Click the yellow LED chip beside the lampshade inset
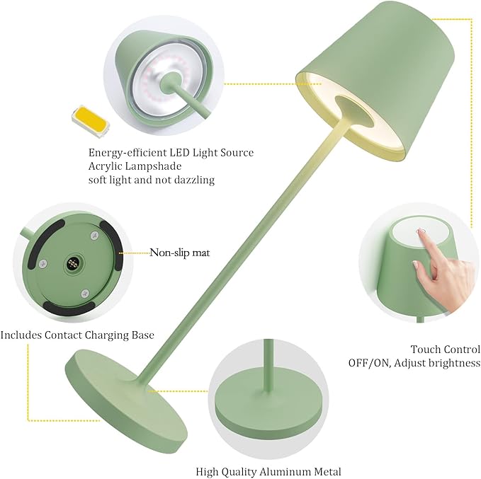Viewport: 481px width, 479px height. click(x=91, y=120)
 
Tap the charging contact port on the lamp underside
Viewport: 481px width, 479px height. click(x=73, y=262)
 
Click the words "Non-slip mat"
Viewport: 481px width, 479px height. click(x=180, y=253)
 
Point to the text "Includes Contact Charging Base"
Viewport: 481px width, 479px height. click(x=77, y=335)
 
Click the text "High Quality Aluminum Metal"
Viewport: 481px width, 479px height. click(x=268, y=471)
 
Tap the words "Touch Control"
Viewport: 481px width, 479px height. click(x=446, y=350)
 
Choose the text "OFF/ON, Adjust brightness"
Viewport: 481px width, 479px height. click(x=414, y=363)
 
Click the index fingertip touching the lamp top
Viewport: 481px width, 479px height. click(x=420, y=231)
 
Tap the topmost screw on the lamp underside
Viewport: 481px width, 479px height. click(x=94, y=236)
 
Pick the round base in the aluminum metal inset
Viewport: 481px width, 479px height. click(x=268, y=408)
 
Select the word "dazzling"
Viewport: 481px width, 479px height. click(x=195, y=180)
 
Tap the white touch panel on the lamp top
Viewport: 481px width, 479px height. click(x=421, y=232)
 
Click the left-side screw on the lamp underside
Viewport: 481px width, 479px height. click(x=43, y=262)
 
